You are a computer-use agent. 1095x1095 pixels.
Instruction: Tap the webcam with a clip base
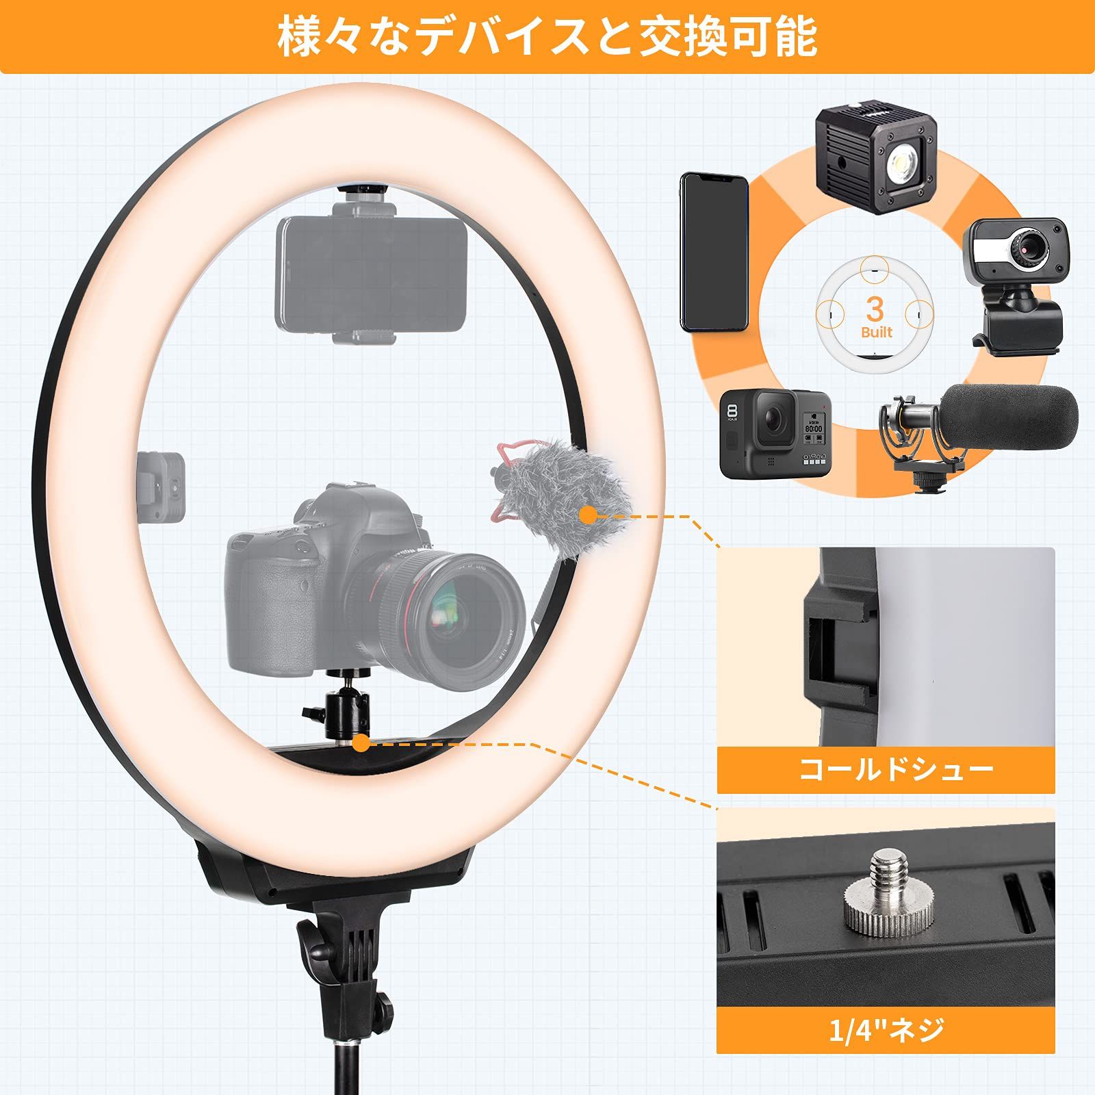pyautogui.click(x=1016, y=281)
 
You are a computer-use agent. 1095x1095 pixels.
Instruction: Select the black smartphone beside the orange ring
pyautogui.click(x=712, y=253)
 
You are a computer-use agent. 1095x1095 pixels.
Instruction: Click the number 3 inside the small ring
pyautogui.click(x=875, y=309)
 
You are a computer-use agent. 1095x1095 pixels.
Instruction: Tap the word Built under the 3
pyautogui.click(x=877, y=333)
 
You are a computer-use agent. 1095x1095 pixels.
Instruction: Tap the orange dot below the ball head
pyautogui.click(x=361, y=743)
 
